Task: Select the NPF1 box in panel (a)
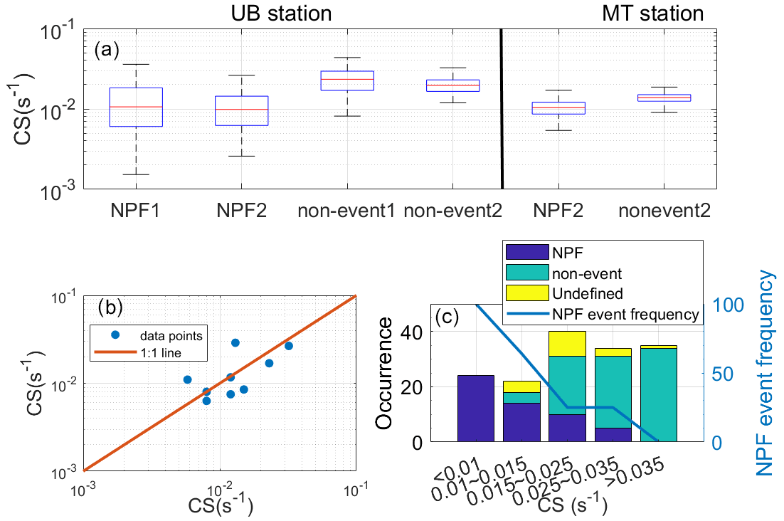(x=135, y=107)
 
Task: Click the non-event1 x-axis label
(x=346, y=211)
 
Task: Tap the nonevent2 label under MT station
(x=664, y=211)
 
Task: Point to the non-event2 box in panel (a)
(x=453, y=85)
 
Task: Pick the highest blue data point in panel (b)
(x=235, y=342)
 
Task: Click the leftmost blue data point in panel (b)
(x=188, y=379)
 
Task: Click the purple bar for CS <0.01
(x=475, y=409)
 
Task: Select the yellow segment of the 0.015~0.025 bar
(x=567, y=343)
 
